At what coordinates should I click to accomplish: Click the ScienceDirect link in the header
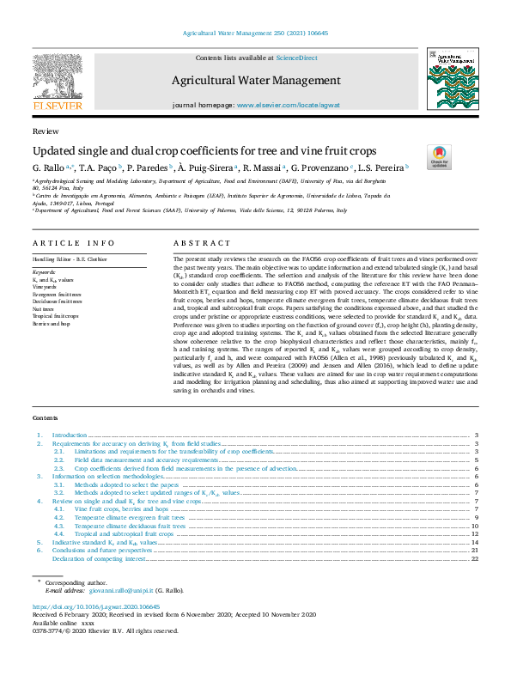[298, 58]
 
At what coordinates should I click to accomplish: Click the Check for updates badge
[438, 156]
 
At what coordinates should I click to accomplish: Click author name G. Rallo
[50, 167]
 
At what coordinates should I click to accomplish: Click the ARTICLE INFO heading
[73, 244]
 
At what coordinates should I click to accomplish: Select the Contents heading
[46, 417]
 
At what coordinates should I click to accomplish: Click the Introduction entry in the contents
[70, 435]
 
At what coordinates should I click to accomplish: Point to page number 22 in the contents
[474, 558]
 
